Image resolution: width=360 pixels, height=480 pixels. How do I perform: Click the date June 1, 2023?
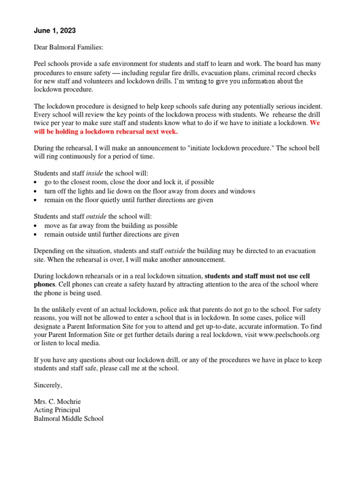(54, 31)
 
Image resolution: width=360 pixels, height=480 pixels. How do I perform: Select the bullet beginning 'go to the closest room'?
(123, 182)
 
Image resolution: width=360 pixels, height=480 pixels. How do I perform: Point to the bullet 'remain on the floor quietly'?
(128, 200)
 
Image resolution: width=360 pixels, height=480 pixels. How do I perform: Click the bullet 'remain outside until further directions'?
(112, 234)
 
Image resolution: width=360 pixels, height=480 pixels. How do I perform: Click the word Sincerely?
(48, 385)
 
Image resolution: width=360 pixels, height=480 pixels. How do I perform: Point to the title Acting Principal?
(57, 410)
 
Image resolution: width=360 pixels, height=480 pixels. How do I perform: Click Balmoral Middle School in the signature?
(68, 419)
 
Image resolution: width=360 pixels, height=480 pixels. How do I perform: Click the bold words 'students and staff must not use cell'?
(257, 276)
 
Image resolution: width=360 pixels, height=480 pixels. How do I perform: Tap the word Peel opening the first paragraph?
(41, 64)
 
